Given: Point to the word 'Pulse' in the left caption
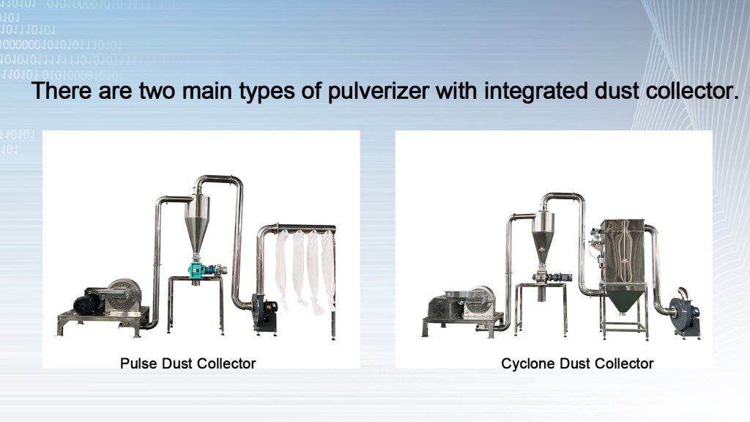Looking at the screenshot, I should (x=136, y=363).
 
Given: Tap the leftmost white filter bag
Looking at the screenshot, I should (x=281, y=264).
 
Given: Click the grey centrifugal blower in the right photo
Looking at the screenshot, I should (x=686, y=312).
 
